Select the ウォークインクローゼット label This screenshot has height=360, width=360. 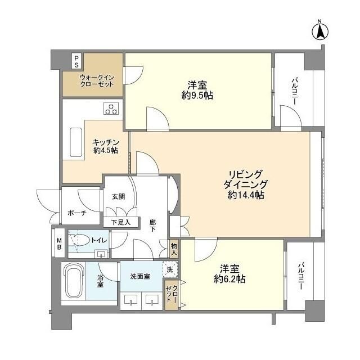[x=96, y=80]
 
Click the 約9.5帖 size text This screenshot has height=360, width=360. [x=197, y=95]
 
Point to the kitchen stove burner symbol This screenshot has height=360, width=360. [x=111, y=109]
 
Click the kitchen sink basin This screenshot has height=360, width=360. [x=75, y=143]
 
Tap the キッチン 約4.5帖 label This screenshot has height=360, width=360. [x=105, y=146]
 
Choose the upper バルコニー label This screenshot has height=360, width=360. [x=294, y=91]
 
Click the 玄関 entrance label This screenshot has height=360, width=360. [x=119, y=196]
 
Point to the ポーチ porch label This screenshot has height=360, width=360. [x=76, y=214]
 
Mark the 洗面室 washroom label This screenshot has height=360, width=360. [x=140, y=276]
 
